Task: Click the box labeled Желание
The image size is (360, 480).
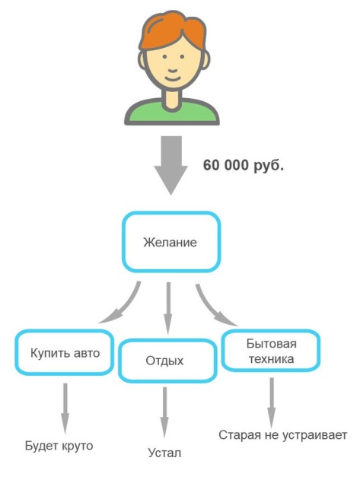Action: pos(171,242)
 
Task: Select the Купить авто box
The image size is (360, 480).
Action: pos(65,353)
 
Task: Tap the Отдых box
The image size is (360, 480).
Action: pos(167,361)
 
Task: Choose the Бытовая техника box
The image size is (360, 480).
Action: pos(271,351)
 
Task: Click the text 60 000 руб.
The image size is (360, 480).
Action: pos(244,165)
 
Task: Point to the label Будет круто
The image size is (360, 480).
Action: pos(59,446)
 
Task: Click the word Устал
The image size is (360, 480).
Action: pos(164,453)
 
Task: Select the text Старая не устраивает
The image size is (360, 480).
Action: pos(282,435)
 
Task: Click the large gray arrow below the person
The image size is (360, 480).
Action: pos(171,165)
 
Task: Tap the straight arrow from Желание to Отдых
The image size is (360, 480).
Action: pos(168,308)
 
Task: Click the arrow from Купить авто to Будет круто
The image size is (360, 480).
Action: pos(65,408)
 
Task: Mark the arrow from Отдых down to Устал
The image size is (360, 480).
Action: pos(165,412)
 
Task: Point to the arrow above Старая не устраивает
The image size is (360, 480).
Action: pos(272,403)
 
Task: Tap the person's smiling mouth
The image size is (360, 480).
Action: pos(173,78)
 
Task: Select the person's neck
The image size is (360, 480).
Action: pos(172,97)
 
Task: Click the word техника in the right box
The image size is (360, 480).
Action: pos(271,359)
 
